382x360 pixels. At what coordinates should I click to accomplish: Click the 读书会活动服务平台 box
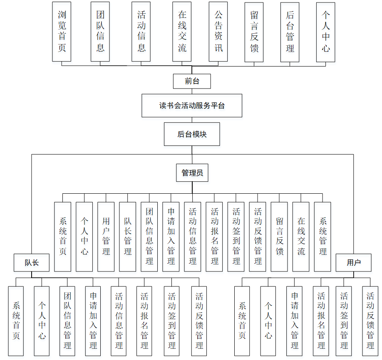click(x=192, y=106)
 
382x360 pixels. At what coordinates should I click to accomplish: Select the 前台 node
click(x=192, y=81)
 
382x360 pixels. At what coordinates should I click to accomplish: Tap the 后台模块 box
click(x=192, y=134)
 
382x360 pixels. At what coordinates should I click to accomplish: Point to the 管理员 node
click(x=192, y=173)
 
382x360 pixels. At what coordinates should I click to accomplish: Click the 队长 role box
click(x=32, y=263)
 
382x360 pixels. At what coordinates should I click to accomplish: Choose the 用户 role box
click(x=353, y=263)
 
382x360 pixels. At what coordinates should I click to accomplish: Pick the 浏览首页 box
click(x=62, y=32)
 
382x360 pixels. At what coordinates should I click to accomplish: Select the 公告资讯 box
click(x=218, y=32)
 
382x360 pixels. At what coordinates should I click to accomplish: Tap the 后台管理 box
click(x=290, y=32)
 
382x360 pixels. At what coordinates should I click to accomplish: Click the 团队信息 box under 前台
click(x=100, y=32)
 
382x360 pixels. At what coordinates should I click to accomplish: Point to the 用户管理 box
click(x=106, y=237)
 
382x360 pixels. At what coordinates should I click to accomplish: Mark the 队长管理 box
click(x=128, y=237)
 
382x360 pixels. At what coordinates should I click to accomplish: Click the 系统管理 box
click(x=322, y=237)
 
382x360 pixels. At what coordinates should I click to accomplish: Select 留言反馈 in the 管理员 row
click(x=279, y=237)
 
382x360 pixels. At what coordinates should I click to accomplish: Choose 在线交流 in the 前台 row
click(x=182, y=32)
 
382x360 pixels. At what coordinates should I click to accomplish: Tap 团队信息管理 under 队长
click(x=67, y=321)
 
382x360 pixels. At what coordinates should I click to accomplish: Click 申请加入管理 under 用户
click(x=295, y=321)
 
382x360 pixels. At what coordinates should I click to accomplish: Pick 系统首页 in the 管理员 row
click(x=63, y=237)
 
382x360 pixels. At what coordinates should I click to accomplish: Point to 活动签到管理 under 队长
click(x=172, y=321)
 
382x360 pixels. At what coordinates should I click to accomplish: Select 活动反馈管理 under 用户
click(x=370, y=321)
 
